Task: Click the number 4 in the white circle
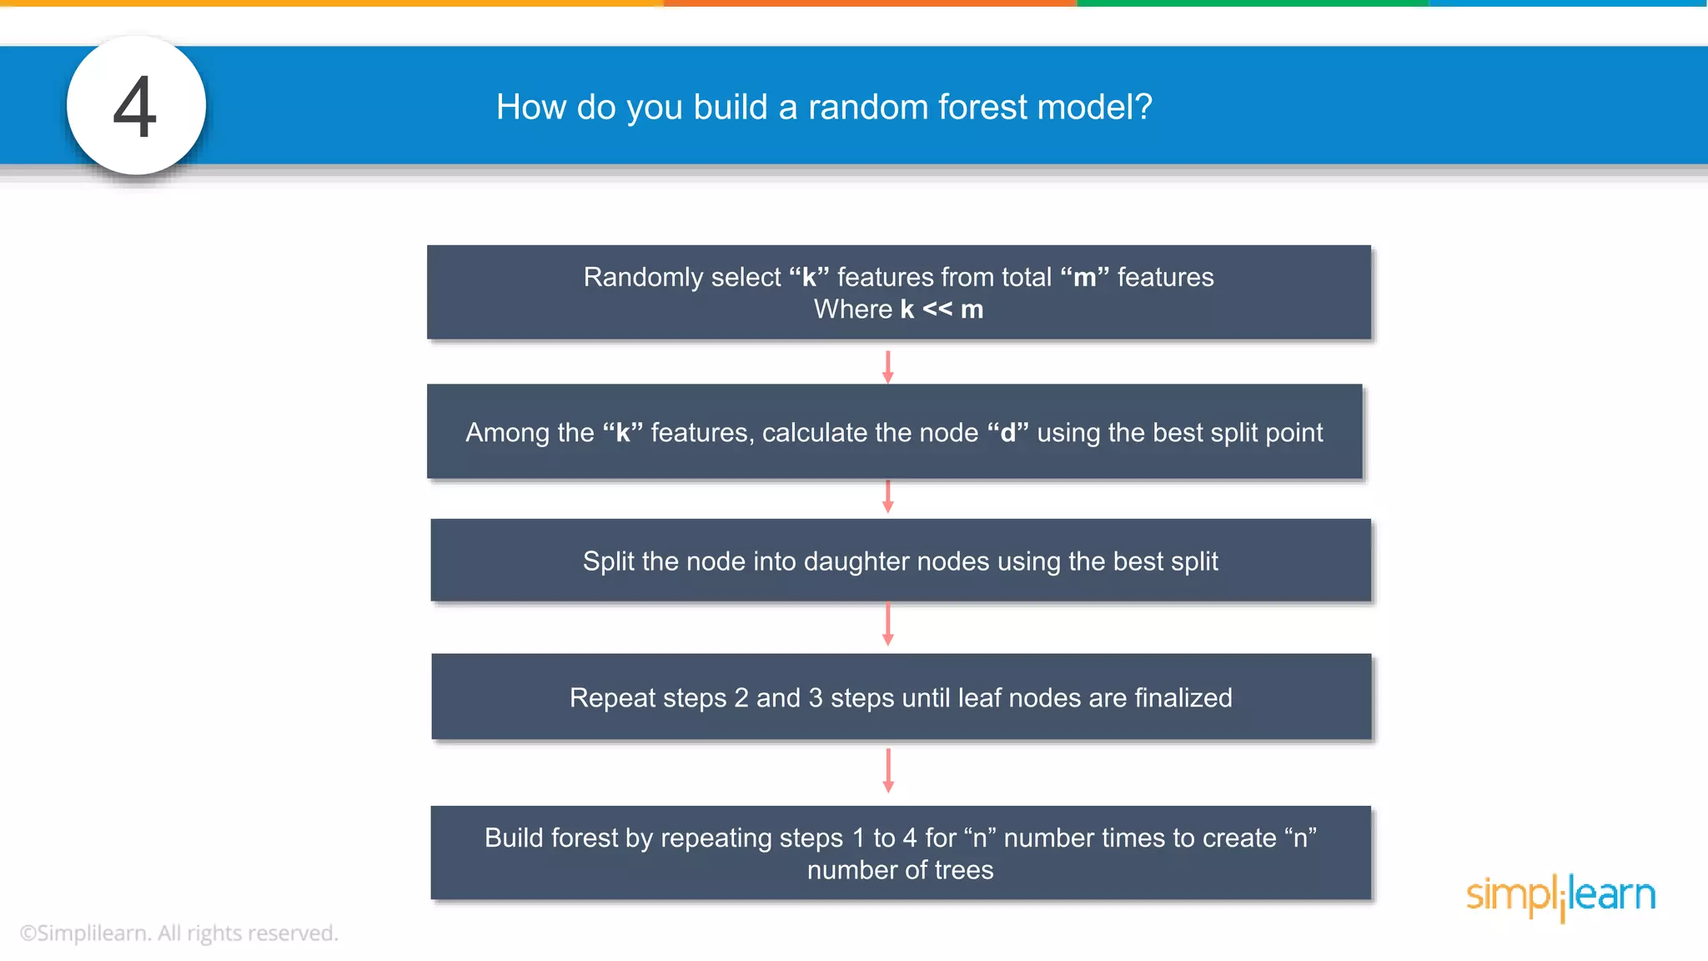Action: tap(135, 107)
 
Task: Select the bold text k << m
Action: tap(942, 309)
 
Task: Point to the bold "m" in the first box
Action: tap(1084, 277)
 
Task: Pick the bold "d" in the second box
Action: tap(1007, 433)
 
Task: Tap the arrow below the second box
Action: tap(887, 496)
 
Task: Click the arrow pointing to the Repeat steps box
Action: tap(887, 624)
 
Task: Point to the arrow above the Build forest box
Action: tap(887, 770)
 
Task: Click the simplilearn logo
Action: tap(1560, 896)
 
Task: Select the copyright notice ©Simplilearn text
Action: tap(178, 933)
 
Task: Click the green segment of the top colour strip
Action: tap(1251, 3)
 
